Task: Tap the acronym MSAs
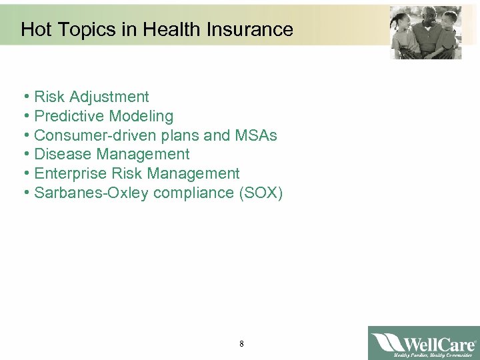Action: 255,135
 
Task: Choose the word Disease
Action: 63,155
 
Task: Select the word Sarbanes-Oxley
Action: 91,193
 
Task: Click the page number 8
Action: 241,344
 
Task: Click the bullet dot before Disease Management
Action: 25,155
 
